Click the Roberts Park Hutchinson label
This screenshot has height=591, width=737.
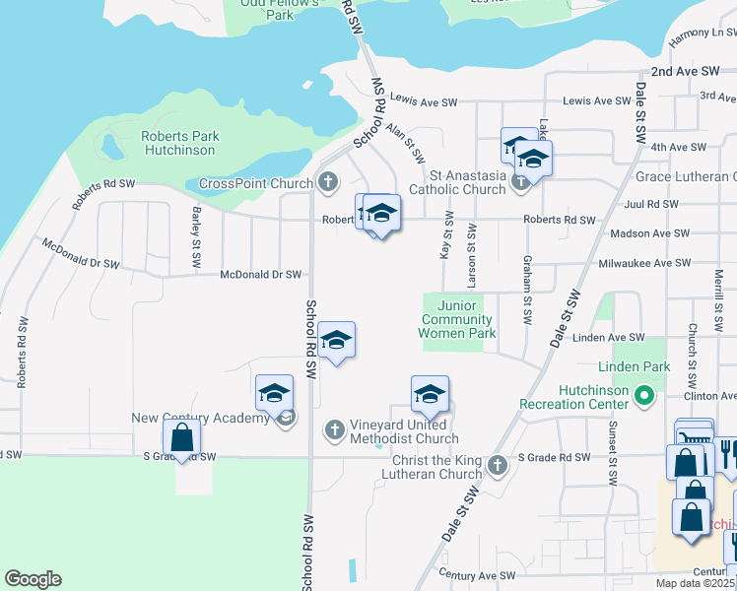179,144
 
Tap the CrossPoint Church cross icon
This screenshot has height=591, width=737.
327,182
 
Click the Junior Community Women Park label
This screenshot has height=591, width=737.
456,319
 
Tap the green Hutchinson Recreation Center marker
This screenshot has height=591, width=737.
644,398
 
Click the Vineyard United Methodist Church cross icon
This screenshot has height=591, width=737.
335,428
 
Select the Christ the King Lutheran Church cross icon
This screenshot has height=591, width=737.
499,464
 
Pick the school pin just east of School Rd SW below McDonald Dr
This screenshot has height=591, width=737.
337,341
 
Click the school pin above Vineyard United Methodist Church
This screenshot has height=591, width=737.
430,395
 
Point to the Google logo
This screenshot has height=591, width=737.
33,579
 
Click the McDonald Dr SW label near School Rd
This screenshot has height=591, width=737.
260,275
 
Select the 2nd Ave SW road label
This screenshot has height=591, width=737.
686,72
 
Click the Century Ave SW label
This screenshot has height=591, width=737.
480,574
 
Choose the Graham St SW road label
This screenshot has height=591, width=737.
528,294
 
